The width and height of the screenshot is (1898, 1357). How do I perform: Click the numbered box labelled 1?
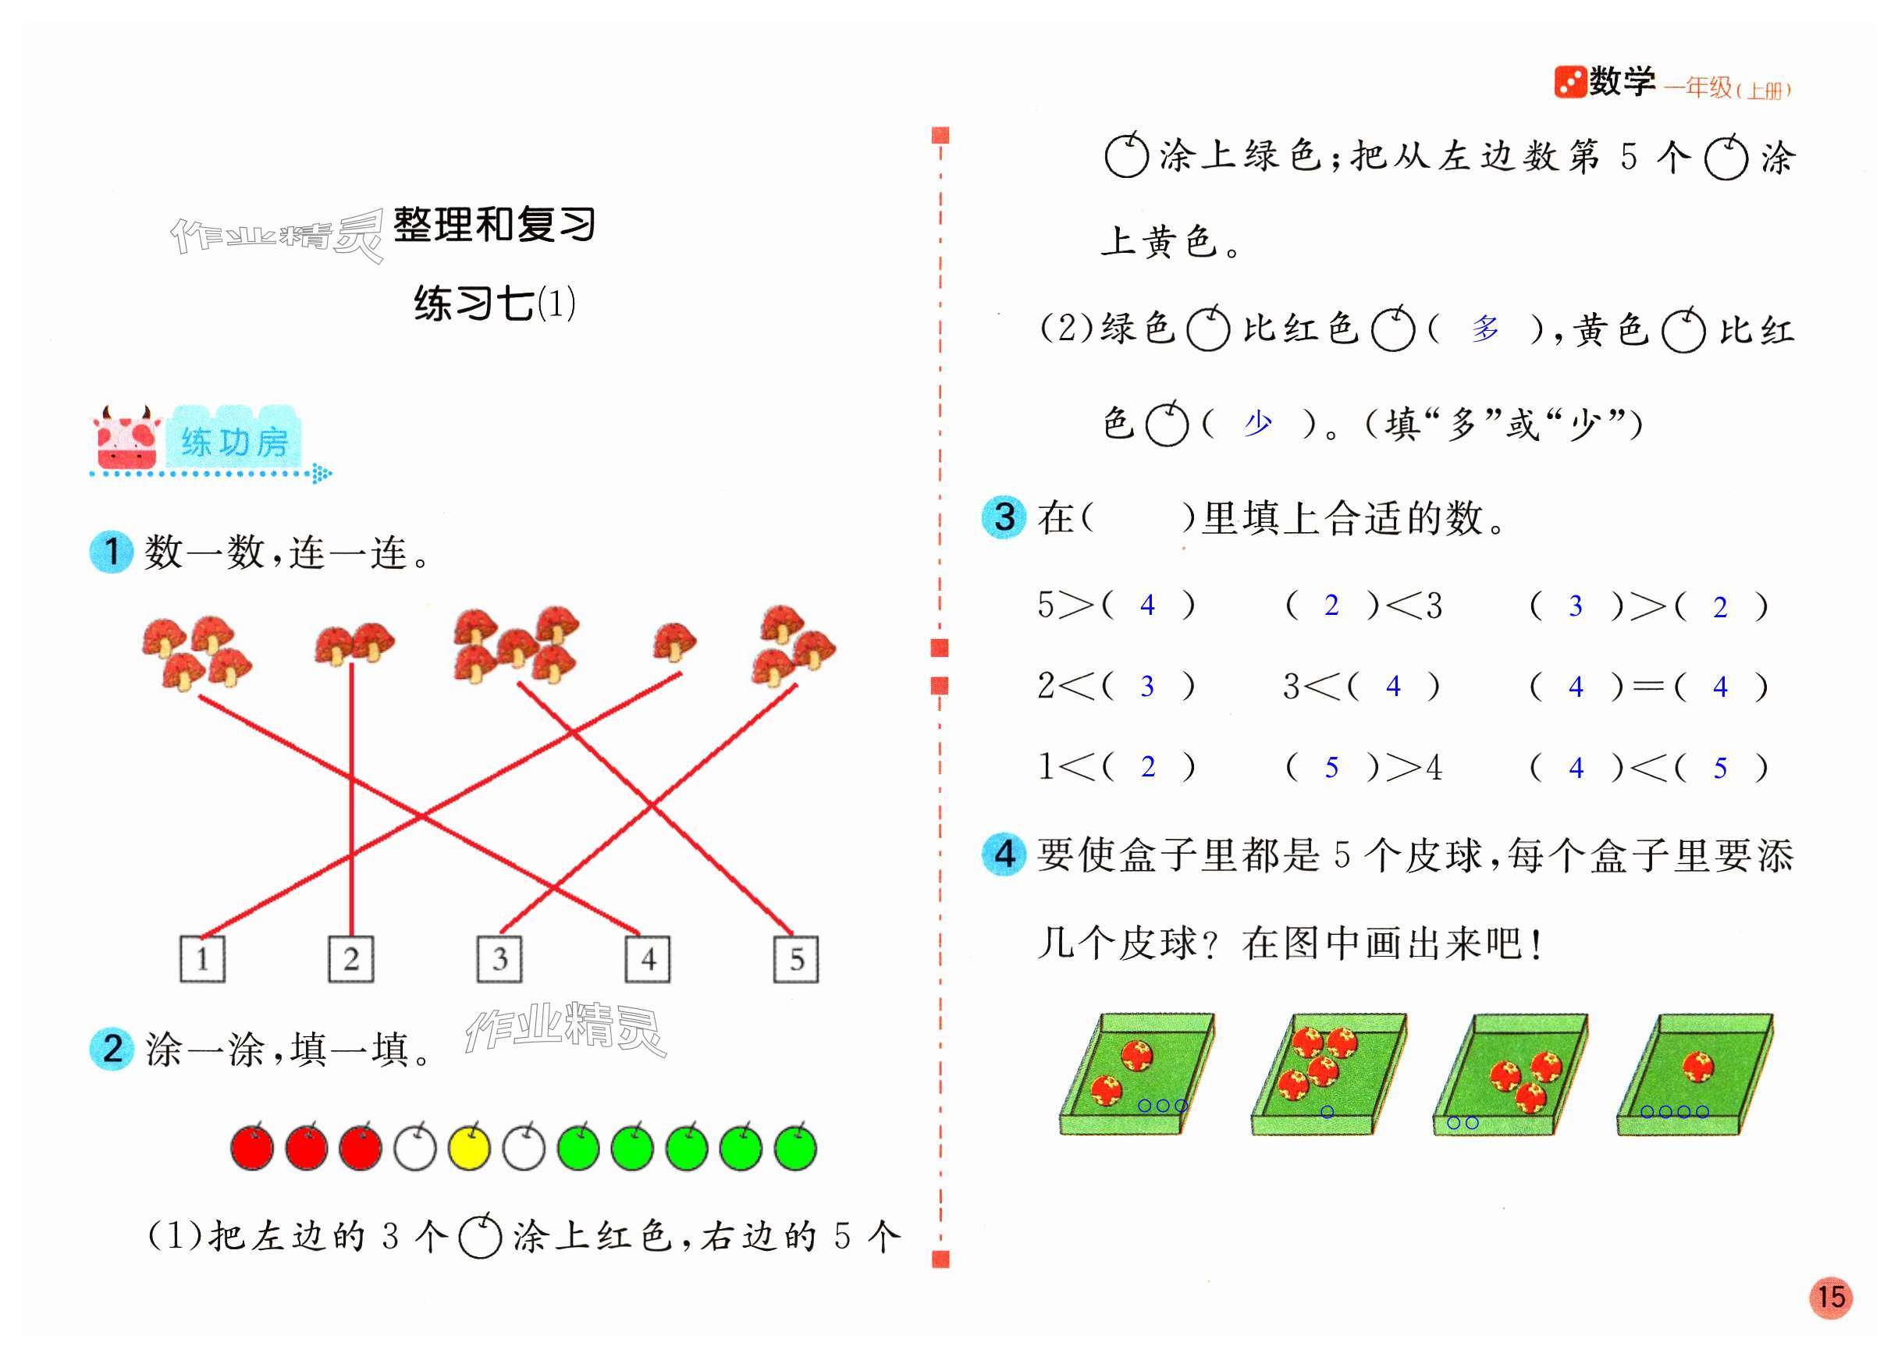click(202, 958)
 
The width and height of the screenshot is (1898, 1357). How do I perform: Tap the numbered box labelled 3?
click(499, 958)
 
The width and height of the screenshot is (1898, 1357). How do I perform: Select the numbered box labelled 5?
click(795, 958)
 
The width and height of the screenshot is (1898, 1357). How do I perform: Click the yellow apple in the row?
click(469, 1147)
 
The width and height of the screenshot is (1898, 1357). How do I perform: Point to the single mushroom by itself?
click(674, 641)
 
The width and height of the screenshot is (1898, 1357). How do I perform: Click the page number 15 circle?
click(1829, 1297)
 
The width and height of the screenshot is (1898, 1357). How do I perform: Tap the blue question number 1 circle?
click(111, 552)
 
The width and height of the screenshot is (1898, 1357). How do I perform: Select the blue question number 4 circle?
click(1003, 853)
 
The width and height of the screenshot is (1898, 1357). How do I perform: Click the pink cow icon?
click(126, 439)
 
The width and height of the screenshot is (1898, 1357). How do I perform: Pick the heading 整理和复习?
click(494, 225)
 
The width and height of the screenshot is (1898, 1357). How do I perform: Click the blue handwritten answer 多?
click(1484, 329)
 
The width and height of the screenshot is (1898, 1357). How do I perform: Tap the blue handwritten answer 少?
click(1257, 424)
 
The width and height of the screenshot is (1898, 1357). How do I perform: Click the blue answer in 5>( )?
click(1147, 605)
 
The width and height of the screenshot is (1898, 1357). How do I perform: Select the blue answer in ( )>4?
click(1331, 767)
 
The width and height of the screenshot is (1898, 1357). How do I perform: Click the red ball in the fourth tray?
click(1697, 1067)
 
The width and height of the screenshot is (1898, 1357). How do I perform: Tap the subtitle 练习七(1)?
click(495, 303)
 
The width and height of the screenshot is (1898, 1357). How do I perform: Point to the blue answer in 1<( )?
click(1147, 767)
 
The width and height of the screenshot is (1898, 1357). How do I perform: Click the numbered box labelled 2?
click(351, 958)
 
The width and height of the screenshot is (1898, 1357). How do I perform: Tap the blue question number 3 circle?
click(1003, 517)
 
